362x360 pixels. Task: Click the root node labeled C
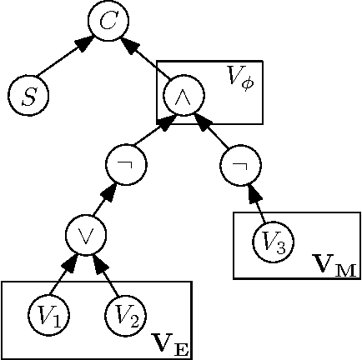coord(108,23)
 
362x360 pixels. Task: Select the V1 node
coord(48,315)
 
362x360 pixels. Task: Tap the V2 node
coord(125,315)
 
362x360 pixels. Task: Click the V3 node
coord(272,243)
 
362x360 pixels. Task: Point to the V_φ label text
coord(243,77)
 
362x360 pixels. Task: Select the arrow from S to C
coord(68,60)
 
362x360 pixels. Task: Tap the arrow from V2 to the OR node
coord(107,275)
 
